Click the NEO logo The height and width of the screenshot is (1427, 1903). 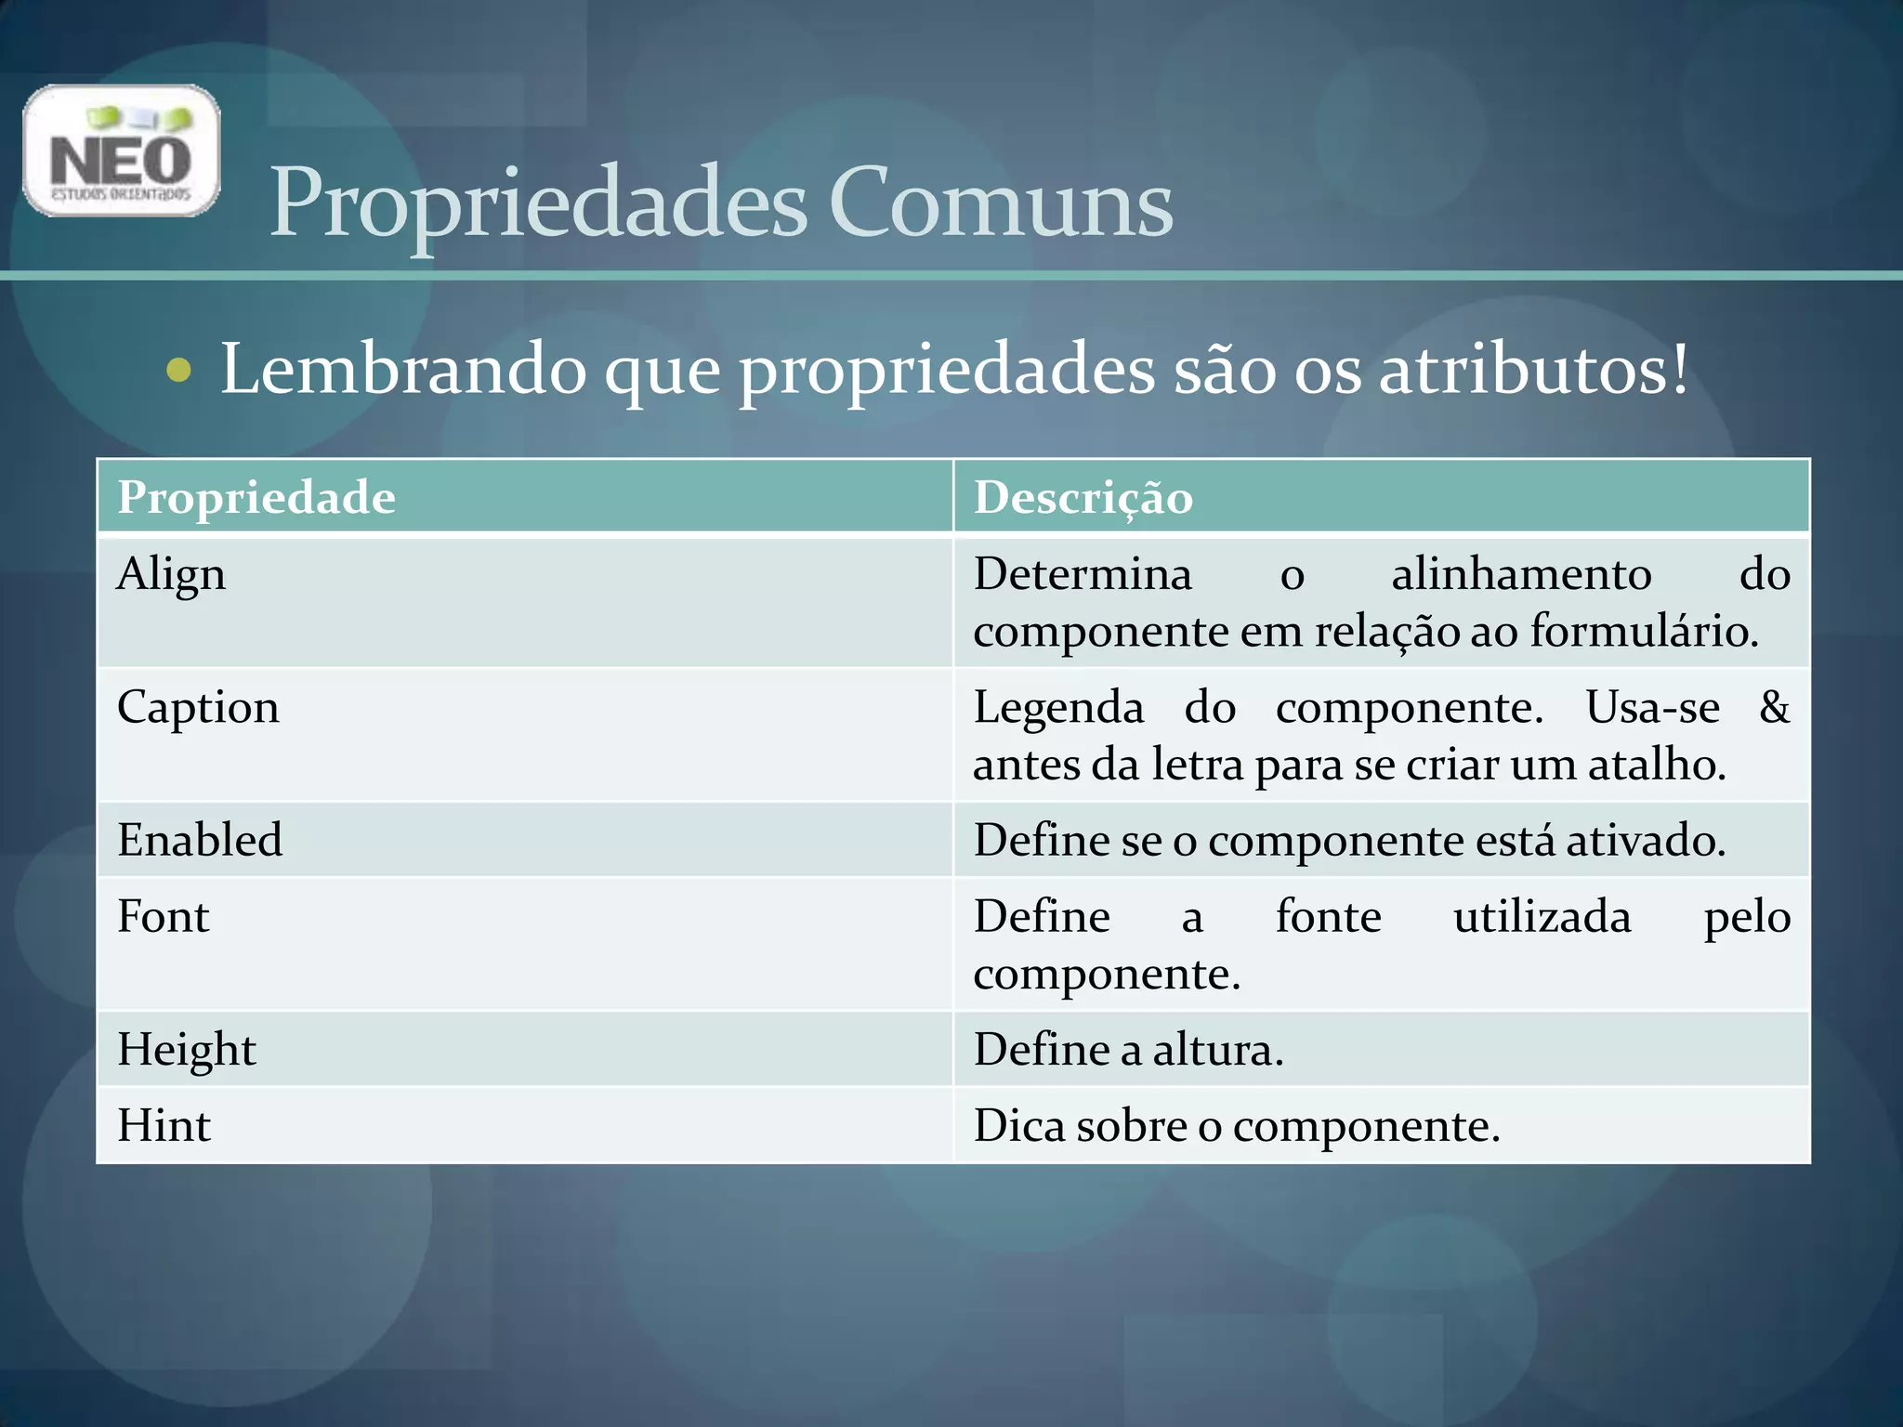(x=121, y=151)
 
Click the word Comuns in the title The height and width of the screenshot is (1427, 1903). (x=1000, y=203)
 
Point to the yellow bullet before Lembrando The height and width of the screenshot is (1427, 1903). (x=178, y=372)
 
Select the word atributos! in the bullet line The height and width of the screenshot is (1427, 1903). (x=1533, y=370)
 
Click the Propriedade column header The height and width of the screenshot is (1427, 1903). (x=256, y=497)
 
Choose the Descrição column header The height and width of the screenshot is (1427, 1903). (x=1083, y=498)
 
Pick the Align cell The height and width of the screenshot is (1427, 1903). (x=172, y=574)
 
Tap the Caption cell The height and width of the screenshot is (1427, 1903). (x=198, y=708)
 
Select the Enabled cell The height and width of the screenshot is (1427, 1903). (x=200, y=840)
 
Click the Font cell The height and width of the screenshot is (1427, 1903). (x=164, y=917)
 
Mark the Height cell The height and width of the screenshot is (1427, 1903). (x=187, y=1050)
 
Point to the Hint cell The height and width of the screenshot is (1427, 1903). (x=164, y=1126)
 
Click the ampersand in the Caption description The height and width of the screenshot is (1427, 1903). (x=1774, y=708)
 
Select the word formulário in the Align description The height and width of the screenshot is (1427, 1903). (x=1643, y=632)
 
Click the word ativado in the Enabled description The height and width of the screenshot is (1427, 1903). (x=1645, y=841)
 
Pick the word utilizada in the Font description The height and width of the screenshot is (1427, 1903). (x=1542, y=917)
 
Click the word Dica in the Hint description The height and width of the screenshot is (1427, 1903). (x=1019, y=1126)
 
